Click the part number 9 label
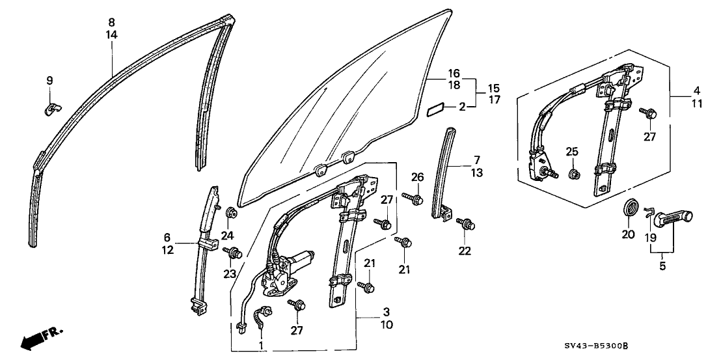tap(49, 81)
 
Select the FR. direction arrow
tap(40, 338)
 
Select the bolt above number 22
tap(465, 224)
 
